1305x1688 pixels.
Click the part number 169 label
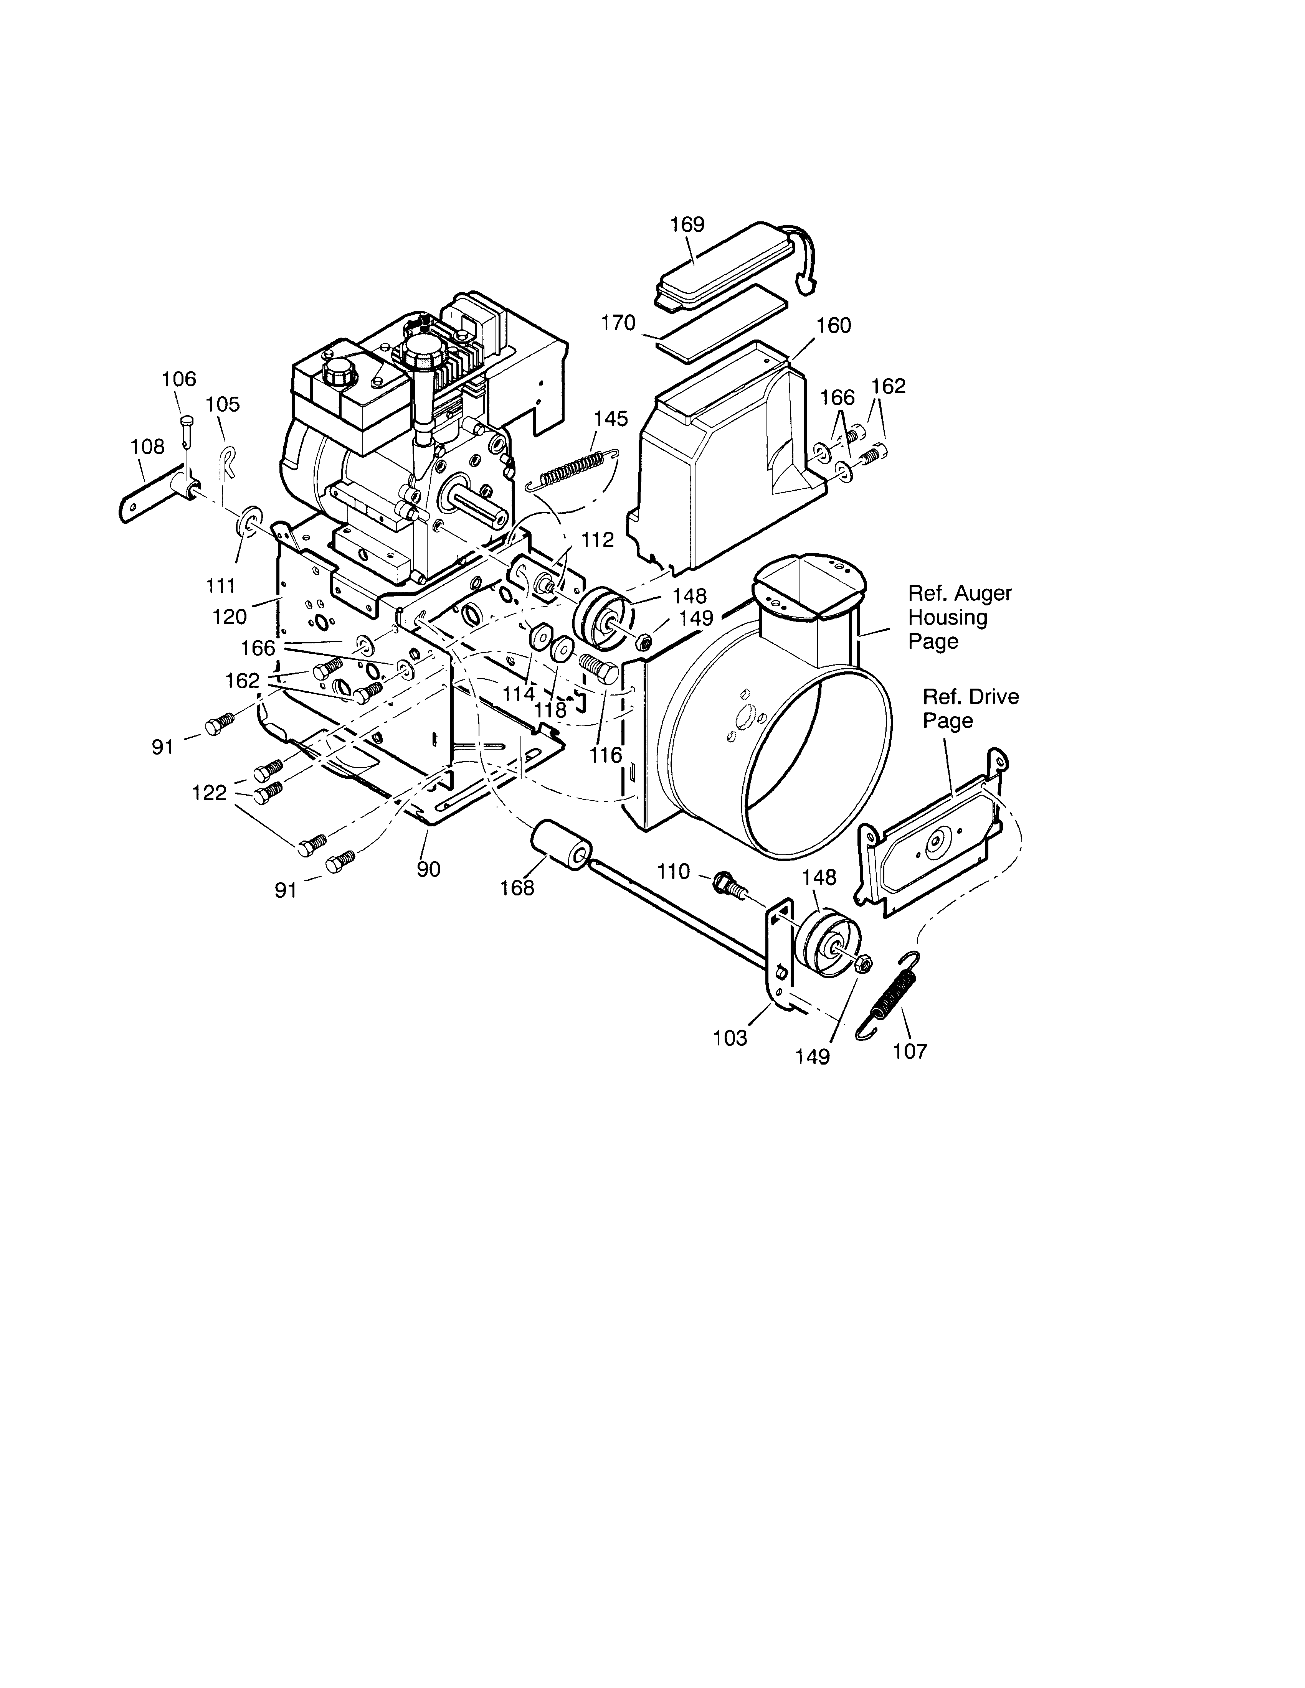[687, 224]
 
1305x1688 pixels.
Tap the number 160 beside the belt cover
[833, 325]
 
